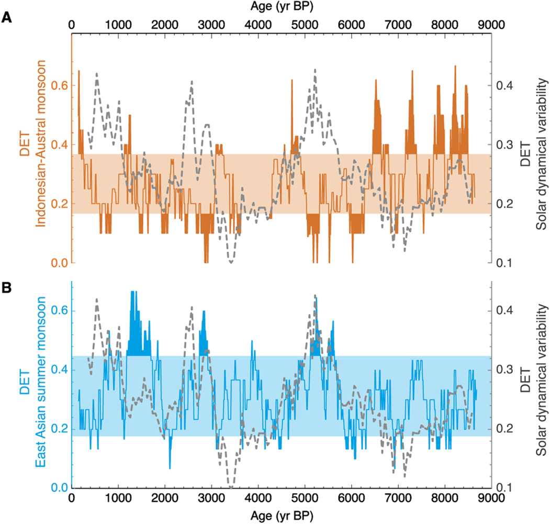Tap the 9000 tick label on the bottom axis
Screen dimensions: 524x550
click(x=491, y=500)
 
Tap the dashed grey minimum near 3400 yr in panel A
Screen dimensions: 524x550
click(x=231, y=261)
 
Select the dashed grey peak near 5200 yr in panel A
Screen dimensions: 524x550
click(x=315, y=70)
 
